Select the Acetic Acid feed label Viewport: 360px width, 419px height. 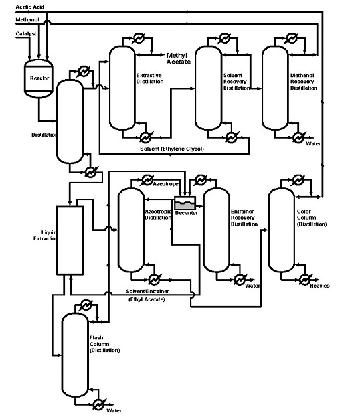[31, 7]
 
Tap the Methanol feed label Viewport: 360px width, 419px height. [28, 20]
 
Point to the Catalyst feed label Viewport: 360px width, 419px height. [26, 33]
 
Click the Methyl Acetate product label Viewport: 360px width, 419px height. [178, 58]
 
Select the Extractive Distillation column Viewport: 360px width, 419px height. [122, 86]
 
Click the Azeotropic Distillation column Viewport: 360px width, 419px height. [130, 229]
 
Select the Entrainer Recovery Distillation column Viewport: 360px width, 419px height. [215, 229]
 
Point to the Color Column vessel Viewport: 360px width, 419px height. [280, 229]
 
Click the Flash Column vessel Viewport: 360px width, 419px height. [74, 352]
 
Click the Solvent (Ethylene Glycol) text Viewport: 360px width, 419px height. [171, 148]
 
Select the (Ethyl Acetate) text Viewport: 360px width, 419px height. [146, 300]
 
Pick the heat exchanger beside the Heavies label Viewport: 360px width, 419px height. [304, 277]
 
